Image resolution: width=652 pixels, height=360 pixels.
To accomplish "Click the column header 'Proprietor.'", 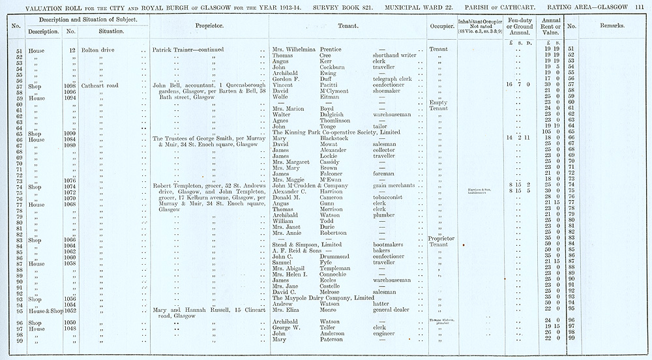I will click(x=209, y=26).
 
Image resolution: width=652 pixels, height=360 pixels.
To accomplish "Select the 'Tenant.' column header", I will click(x=346, y=26).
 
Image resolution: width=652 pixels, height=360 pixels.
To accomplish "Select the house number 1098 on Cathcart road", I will click(x=71, y=85).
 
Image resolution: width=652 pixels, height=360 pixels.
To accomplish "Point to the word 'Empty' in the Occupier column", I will click(x=438, y=103).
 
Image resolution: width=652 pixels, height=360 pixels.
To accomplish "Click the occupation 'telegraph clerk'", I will click(x=393, y=79).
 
